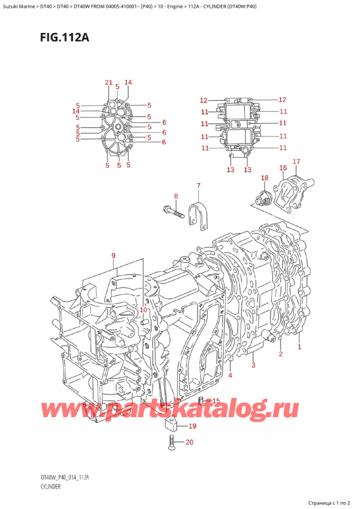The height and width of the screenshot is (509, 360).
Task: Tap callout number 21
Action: [109, 82]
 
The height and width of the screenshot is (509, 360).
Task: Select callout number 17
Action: [296, 161]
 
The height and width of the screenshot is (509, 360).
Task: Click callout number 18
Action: [265, 178]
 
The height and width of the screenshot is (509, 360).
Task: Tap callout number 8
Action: [176, 196]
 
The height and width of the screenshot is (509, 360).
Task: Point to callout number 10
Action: [143, 309]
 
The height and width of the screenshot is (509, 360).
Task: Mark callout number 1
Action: [299, 346]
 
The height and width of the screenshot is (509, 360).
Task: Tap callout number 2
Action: [280, 354]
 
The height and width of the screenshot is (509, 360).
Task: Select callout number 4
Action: [230, 376]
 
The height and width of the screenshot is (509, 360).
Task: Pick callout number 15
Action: [216, 401]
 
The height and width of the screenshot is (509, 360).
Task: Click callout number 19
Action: [192, 427]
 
